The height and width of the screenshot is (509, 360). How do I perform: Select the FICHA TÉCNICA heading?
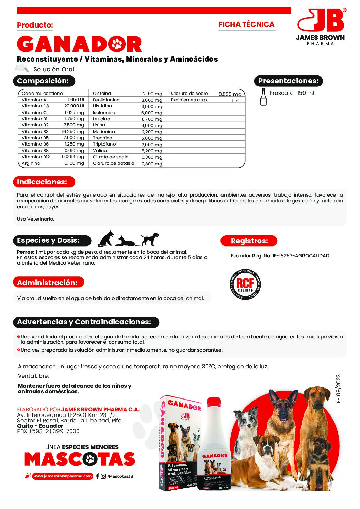[x=246, y=24]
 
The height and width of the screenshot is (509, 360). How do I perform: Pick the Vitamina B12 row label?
[x=36, y=157]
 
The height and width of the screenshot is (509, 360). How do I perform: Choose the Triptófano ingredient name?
[x=104, y=144]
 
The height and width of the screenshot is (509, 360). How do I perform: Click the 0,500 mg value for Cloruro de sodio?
[x=230, y=94]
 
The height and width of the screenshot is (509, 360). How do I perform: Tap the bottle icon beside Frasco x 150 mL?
[x=263, y=97]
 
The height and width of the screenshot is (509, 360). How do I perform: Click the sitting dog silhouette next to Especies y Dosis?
[x=106, y=238]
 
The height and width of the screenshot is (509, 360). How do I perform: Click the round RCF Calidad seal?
[x=245, y=284]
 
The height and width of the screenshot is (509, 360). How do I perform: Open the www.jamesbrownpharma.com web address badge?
[x=62, y=476]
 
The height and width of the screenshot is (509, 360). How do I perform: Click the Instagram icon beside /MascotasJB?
[x=103, y=476]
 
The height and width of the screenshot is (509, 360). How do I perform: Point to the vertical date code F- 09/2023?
[x=338, y=389]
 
